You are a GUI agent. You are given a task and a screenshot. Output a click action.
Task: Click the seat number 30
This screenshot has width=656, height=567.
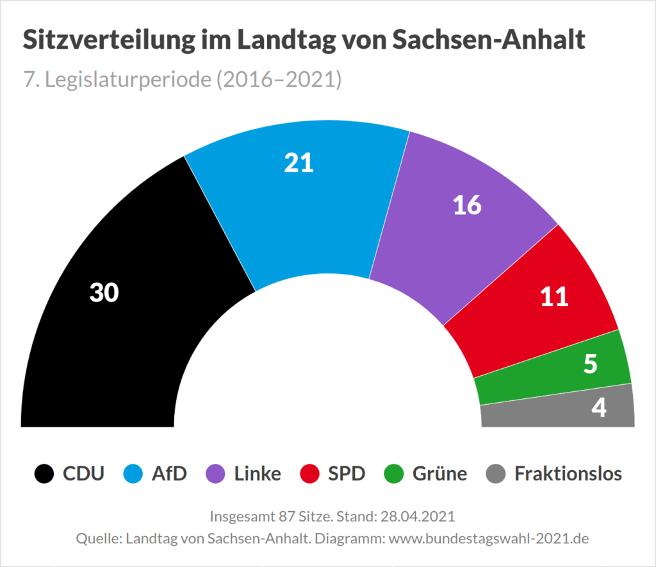[x=104, y=293]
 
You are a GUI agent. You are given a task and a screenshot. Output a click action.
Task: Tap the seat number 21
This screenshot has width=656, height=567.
[x=299, y=164]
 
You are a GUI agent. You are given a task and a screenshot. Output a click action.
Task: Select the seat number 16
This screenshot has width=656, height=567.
[x=467, y=205]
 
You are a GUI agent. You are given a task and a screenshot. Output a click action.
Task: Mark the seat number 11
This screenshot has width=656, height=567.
[x=554, y=297]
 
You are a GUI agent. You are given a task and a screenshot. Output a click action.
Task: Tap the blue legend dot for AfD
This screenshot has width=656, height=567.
[x=133, y=474]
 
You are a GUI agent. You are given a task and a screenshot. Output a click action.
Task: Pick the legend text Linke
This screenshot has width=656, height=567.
[x=258, y=474]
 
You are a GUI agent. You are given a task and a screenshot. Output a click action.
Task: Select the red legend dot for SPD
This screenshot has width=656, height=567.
[x=309, y=474]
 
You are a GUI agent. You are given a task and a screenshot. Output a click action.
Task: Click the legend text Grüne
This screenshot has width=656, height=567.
[x=439, y=474]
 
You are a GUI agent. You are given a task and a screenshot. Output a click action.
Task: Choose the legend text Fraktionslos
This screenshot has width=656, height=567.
[x=568, y=474]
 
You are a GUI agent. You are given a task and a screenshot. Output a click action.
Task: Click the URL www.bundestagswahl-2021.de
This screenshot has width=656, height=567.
[x=488, y=538]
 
